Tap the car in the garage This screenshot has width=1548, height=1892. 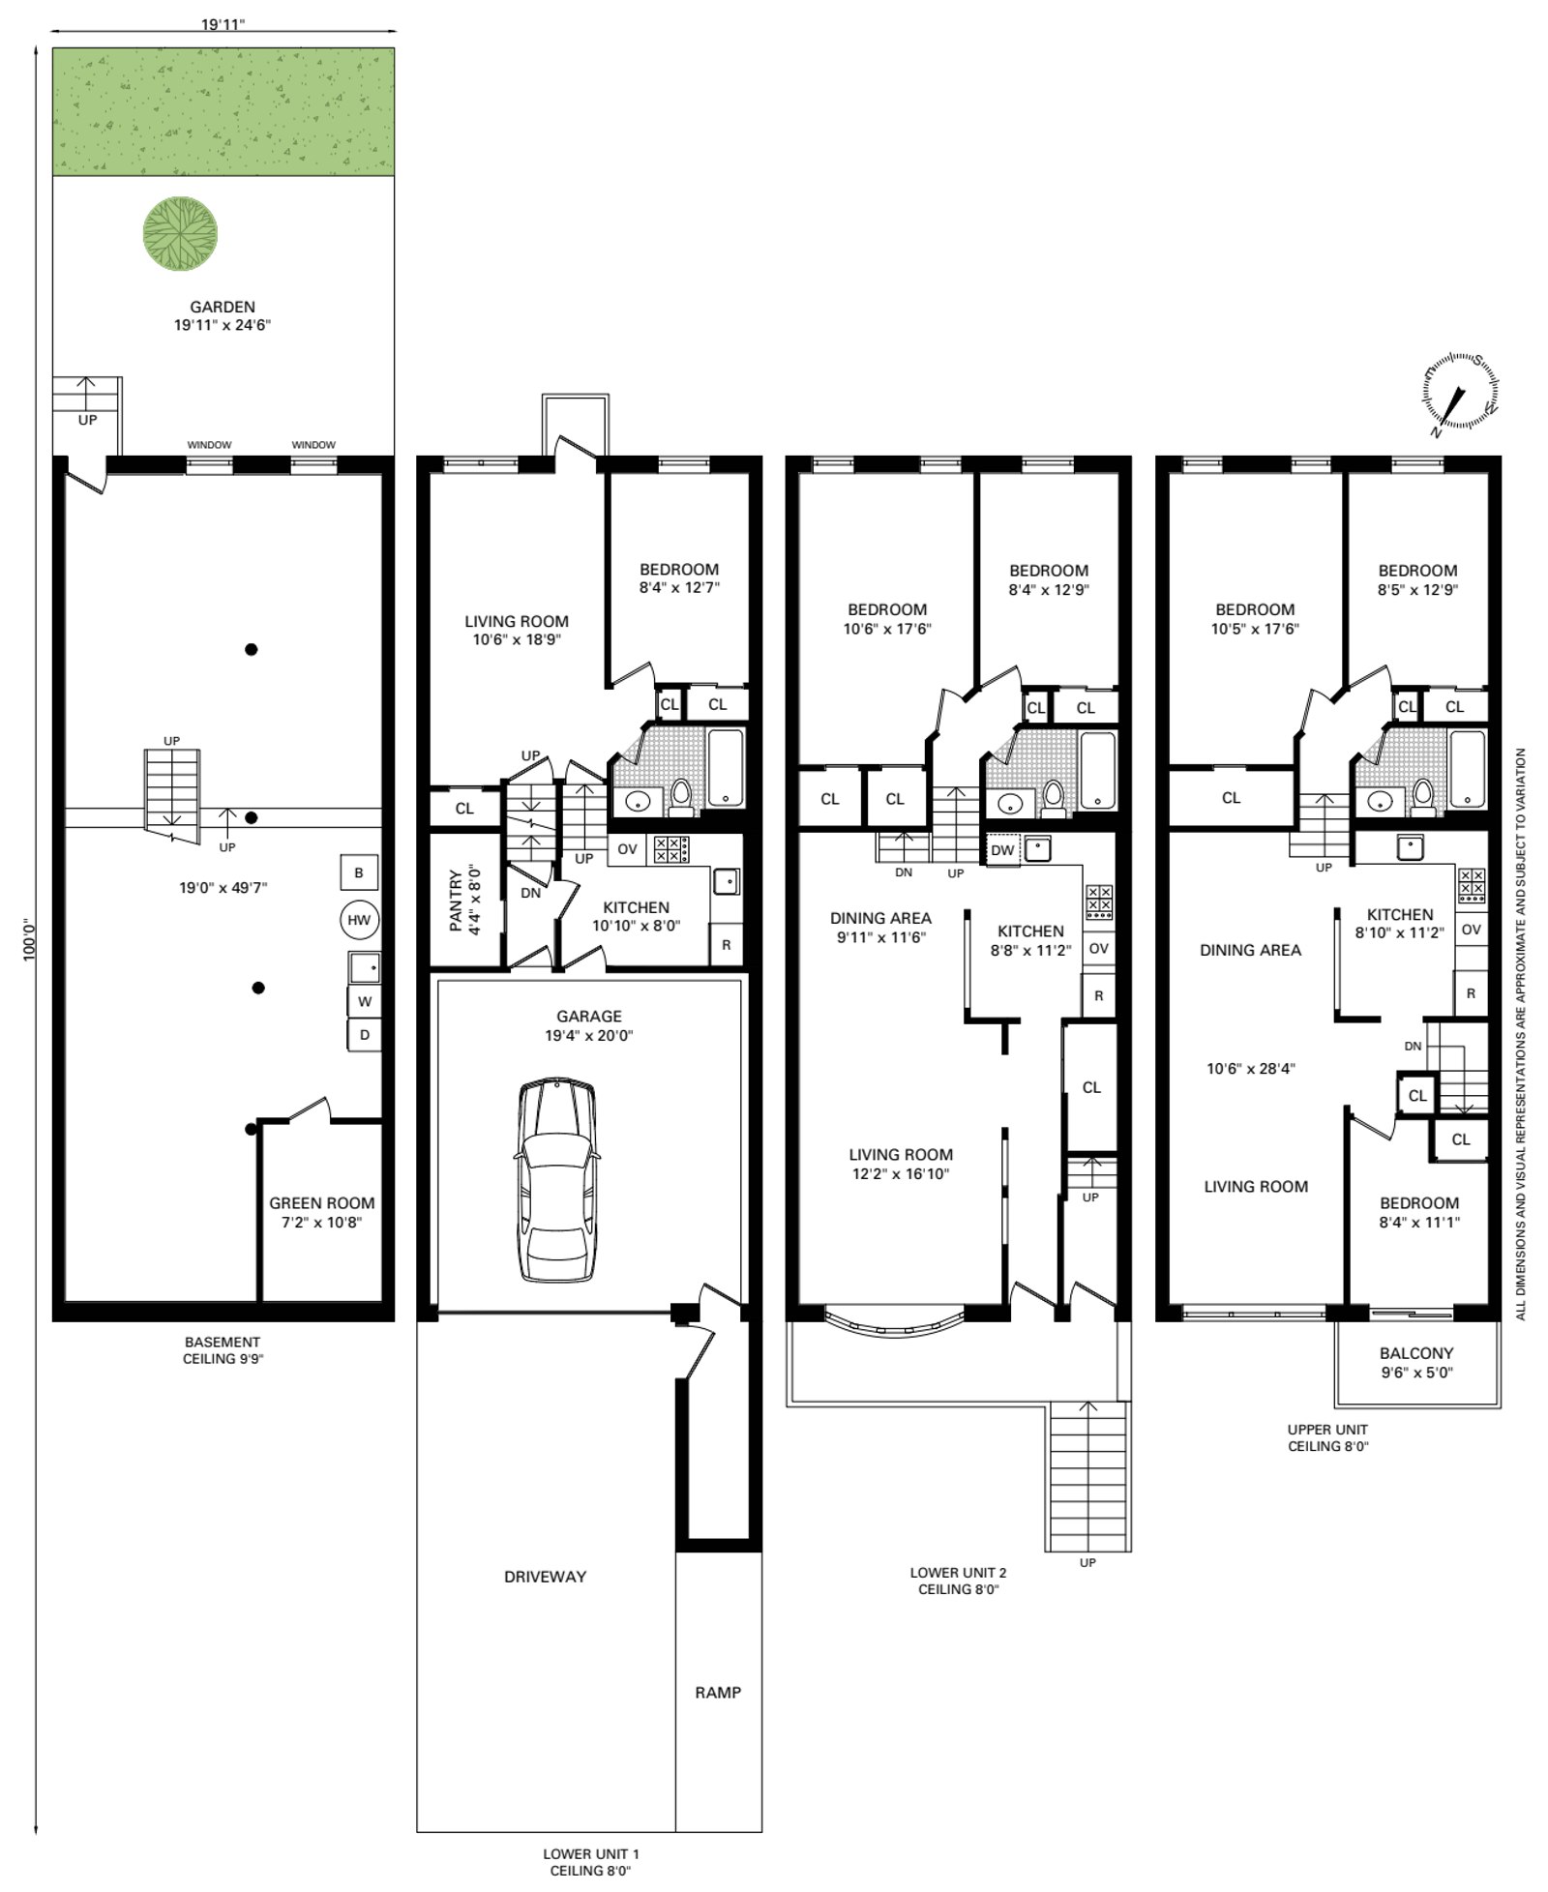pos(556,1181)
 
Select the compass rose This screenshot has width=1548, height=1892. pos(1460,393)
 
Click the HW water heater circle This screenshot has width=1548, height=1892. pos(359,920)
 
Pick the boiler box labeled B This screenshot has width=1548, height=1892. pos(359,872)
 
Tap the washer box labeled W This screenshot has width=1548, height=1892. pos(365,1001)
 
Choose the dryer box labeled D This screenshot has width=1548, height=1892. pos(365,1035)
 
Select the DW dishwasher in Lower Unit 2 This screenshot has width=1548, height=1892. pos(1002,850)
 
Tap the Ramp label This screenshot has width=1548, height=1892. pos(718,1693)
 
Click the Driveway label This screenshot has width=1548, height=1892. pos(546,1577)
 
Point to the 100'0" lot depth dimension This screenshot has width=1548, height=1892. pos(29,938)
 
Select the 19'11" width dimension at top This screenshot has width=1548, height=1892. pos(223,24)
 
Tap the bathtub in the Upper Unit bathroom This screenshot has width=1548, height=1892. pos(1468,768)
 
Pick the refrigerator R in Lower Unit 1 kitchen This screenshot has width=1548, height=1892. pos(727,945)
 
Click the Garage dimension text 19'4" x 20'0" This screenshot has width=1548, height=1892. pos(589,1035)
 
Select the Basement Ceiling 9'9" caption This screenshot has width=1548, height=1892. pos(223,1350)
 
